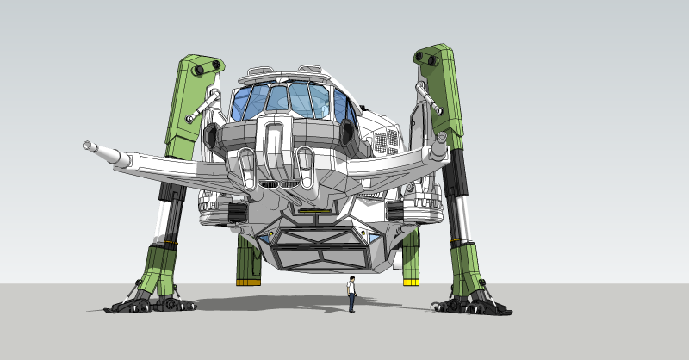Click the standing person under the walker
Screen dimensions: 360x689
351,294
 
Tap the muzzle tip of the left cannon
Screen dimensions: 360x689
87,145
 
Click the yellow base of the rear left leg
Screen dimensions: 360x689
247,280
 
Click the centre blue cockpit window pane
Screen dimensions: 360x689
277,99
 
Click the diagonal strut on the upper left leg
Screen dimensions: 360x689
203,105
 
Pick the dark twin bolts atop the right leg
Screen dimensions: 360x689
428,59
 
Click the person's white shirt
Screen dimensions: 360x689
351,286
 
